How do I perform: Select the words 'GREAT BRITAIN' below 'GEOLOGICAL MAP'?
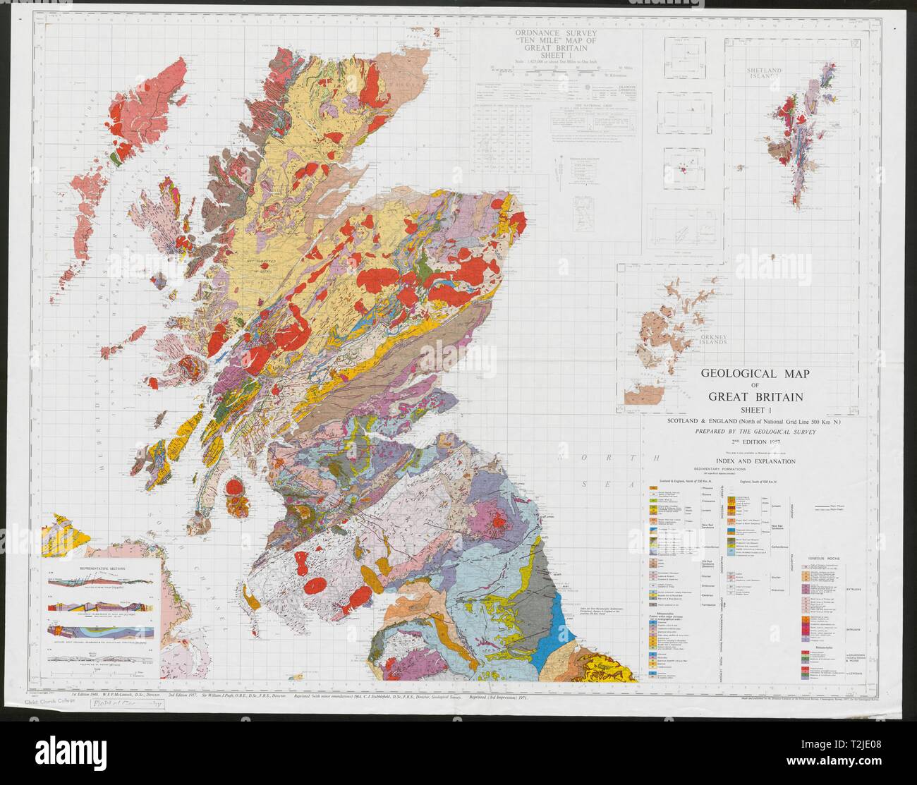coord(747,396)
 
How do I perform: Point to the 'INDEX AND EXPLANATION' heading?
coord(746,461)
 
